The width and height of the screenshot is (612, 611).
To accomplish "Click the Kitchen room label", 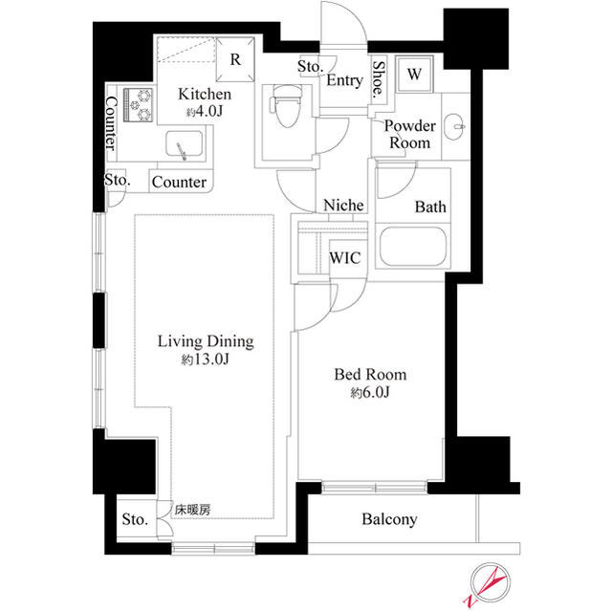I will tap(205, 95).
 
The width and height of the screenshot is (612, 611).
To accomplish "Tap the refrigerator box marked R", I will tap(235, 57).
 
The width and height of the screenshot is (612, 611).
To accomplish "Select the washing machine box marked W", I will tap(416, 74).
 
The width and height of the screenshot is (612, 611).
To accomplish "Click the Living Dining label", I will tap(205, 341).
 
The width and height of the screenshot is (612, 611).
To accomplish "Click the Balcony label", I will tap(389, 519).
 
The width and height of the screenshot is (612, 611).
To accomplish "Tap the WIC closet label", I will tap(344, 257).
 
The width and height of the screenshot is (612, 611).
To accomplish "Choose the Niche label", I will tap(343, 206).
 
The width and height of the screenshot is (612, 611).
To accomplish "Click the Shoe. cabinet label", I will tap(380, 80).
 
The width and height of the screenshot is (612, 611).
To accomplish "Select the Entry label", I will tap(344, 80).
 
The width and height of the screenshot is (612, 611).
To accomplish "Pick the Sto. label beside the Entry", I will tap(310, 68).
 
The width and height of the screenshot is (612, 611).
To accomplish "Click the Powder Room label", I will tap(409, 135).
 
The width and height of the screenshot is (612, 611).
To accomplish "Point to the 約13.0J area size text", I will tap(205, 360).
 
